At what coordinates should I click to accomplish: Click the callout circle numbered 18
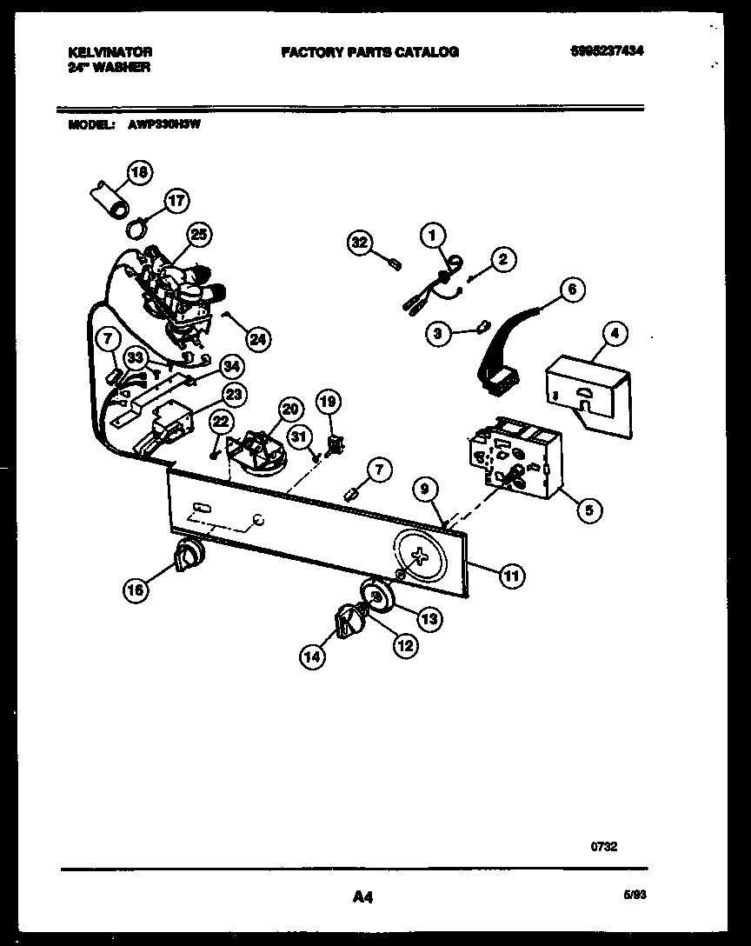138,173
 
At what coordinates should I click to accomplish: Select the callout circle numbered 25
200,234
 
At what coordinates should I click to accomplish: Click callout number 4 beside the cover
614,332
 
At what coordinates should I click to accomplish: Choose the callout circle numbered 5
588,510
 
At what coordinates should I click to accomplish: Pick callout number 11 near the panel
512,573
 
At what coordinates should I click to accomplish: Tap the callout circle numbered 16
136,590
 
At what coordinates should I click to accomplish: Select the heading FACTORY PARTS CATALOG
369,52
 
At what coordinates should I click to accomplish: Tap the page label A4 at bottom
363,896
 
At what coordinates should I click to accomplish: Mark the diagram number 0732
604,845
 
